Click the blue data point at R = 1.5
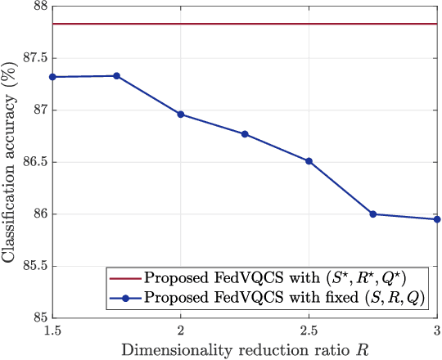52,77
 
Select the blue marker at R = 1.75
116,76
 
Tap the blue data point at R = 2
181,115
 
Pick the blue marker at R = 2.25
245,134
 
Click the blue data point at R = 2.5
309,161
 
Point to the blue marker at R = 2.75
373,214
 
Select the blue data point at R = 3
437,219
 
